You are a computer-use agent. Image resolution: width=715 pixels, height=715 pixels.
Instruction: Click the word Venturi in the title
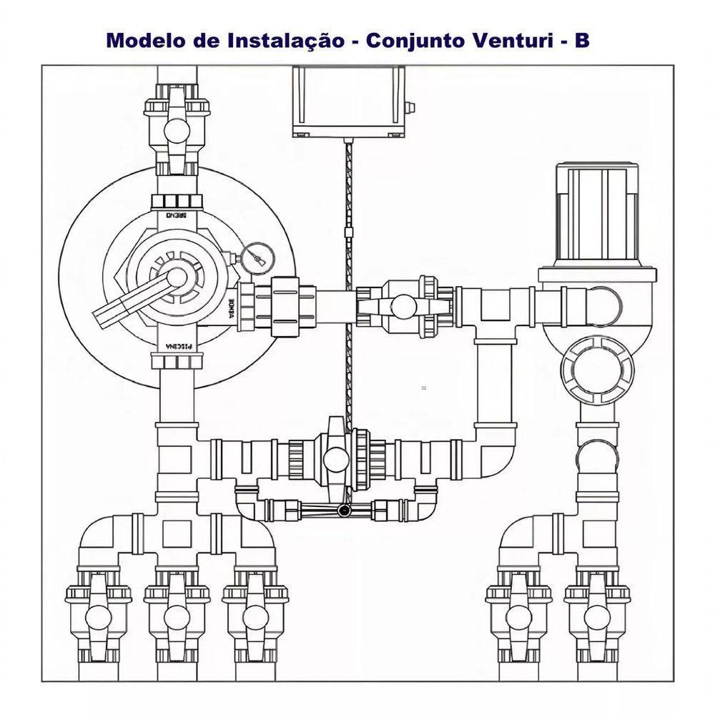point(506,40)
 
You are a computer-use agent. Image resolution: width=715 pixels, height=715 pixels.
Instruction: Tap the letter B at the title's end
point(582,40)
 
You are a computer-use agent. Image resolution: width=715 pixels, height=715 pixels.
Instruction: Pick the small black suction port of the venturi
point(344,511)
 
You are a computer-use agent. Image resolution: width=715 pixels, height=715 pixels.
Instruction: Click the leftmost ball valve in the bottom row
point(97,615)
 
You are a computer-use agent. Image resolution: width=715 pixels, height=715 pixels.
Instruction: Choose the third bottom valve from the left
point(253,615)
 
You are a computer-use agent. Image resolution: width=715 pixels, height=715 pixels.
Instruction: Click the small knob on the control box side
point(410,107)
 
